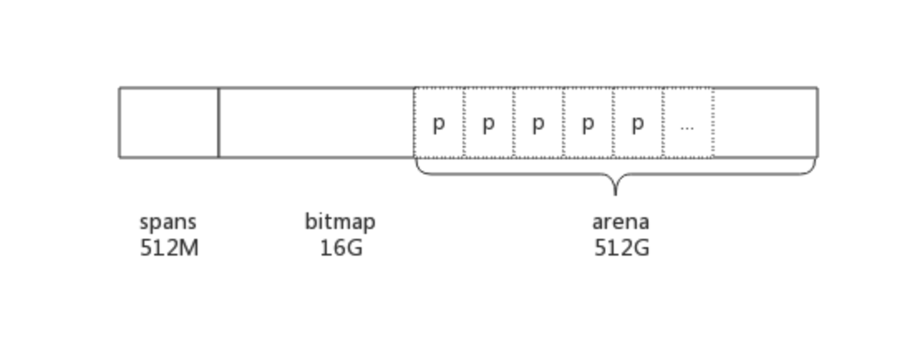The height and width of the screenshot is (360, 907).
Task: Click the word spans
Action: (x=168, y=222)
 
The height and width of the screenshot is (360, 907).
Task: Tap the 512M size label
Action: (x=169, y=248)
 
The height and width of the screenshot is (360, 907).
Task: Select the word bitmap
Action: (x=340, y=222)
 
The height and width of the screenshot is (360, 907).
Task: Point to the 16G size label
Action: (x=341, y=248)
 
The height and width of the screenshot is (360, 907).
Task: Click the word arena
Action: (x=620, y=222)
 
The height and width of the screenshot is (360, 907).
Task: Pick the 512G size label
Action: (x=621, y=248)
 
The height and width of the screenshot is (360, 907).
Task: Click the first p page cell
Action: (x=439, y=123)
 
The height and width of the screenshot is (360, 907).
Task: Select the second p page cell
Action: (x=489, y=123)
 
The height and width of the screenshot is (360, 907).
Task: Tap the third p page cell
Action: (x=539, y=123)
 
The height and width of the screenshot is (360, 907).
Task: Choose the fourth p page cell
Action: (x=589, y=123)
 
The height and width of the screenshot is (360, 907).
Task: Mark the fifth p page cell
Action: (x=638, y=123)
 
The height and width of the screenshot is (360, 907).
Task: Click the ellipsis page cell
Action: (x=687, y=123)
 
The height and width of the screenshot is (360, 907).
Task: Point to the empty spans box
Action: (x=169, y=123)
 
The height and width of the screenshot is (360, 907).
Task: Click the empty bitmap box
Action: (x=316, y=123)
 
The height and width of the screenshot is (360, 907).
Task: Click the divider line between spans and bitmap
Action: (x=219, y=123)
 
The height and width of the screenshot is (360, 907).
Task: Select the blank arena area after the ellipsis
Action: (x=764, y=123)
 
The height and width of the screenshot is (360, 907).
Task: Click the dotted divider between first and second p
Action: (x=464, y=123)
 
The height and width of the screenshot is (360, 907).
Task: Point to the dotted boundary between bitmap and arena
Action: (x=415, y=123)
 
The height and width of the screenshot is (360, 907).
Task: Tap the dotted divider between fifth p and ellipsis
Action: (x=663, y=123)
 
